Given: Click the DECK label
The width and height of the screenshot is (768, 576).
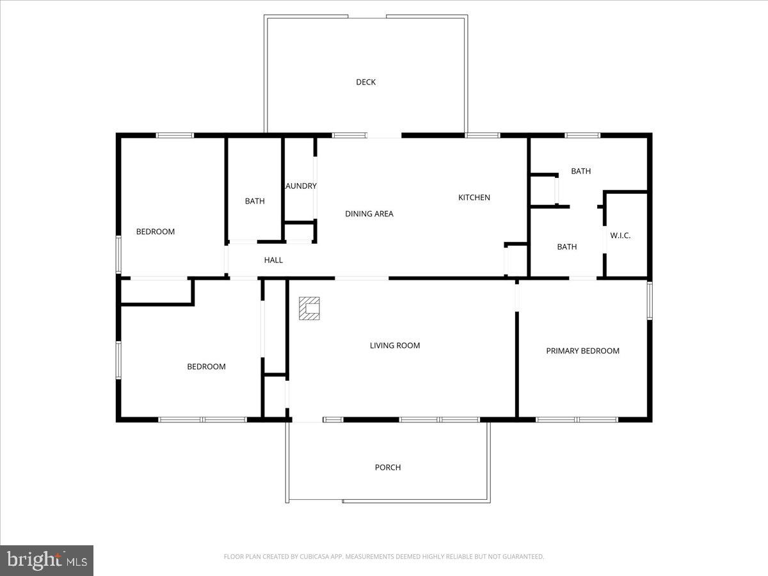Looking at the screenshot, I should tap(365, 82).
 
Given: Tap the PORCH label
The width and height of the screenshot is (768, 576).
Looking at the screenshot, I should tap(388, 467).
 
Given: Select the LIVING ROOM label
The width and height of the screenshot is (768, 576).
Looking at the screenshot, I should tap(395, 346).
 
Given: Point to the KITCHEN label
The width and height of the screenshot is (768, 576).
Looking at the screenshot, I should tap(474, 197).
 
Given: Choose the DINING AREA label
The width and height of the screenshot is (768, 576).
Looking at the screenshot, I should tap(369, 214).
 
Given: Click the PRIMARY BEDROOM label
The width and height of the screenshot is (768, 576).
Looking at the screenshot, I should tap(582, 351).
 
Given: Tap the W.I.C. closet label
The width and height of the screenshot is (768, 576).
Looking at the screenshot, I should tap(620, 236).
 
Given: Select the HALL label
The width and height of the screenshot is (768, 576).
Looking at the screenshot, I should tap(273, 260).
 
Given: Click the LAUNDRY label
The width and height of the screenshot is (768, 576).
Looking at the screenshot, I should tap(301, 186).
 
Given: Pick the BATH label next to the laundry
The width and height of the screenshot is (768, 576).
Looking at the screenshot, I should tap(255, 201).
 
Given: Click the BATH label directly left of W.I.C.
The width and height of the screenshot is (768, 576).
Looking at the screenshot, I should tap(566, 246).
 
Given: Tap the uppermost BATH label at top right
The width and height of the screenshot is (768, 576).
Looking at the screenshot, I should tap(580, 171).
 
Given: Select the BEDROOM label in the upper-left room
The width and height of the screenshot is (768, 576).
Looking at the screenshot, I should tap(155, 232).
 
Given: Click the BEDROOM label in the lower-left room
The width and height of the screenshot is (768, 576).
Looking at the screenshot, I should tap(206, 367).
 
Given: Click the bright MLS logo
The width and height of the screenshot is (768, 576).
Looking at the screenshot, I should tap(47, 561).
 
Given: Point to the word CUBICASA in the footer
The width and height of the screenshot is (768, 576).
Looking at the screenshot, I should tap(317, 557).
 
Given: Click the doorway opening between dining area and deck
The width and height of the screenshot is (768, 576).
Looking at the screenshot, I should tap(384, 136).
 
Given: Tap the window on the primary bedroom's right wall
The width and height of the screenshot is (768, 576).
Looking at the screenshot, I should tap(649, 301).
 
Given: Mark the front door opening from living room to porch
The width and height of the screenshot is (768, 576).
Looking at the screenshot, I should tap(307, 420).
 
